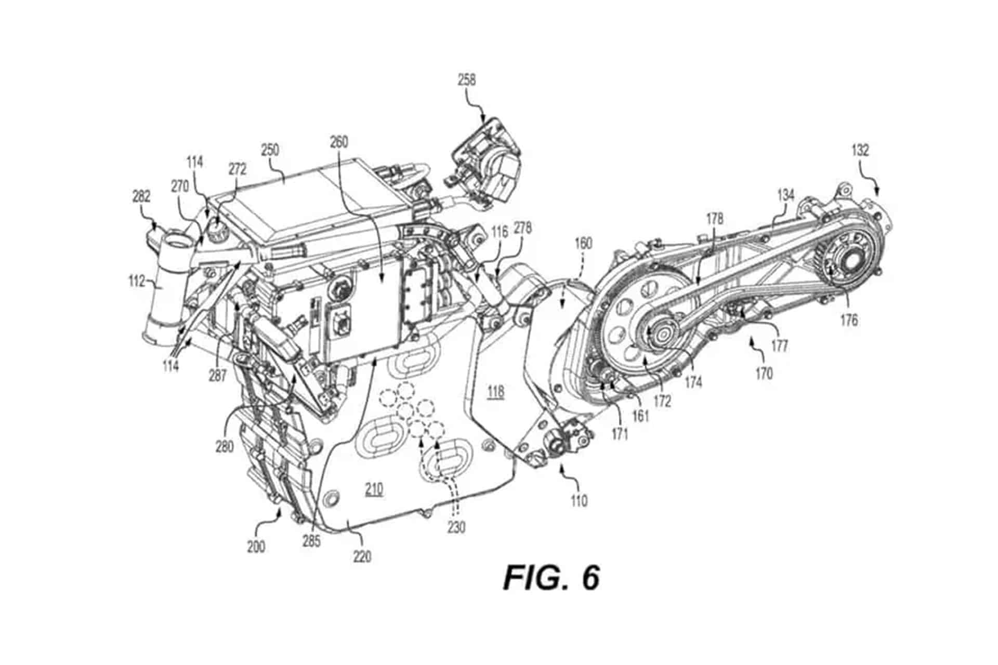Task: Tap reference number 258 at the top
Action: (x=466, y=80)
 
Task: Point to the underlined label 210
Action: (x=374, y=489)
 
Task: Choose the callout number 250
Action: (x=270, y=151)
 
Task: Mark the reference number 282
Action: (x=141, y=196)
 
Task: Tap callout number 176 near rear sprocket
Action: (x=849, y=320)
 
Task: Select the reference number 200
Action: (x=256, y=547)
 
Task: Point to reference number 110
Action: (x=578, y=500)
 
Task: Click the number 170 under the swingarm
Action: (x=764, y=373)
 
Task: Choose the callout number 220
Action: (x=362, y=556)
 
